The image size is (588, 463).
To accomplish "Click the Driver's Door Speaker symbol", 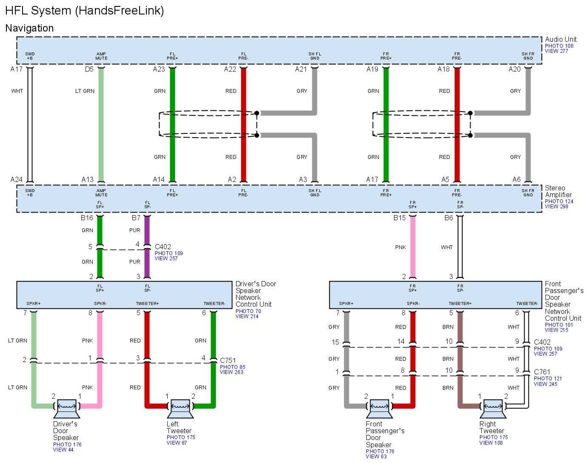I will click(66, 408).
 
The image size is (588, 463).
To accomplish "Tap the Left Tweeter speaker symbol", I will click(180, 408).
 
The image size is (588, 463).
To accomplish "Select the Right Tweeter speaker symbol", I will click(493, 408).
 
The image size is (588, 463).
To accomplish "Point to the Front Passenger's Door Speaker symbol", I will click(379, 408).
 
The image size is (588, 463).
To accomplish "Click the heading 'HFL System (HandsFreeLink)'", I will click(84, 11).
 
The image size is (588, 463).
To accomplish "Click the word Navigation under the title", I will click(29, 28).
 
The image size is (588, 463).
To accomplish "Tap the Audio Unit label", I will click(561, 39).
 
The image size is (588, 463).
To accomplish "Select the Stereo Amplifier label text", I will click(558, 191).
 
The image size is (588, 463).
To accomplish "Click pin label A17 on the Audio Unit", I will click(17, 69).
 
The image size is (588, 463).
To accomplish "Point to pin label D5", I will click(89, 69).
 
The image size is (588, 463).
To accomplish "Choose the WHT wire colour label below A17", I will click(17, 91).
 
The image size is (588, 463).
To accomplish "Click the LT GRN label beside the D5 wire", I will click(85, 91).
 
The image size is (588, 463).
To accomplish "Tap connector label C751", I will click(228, 360).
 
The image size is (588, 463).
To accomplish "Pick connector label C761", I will click(542, 372).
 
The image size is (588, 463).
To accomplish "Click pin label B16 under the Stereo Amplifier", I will click(87, 218).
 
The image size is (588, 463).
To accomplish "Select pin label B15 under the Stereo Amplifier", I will click(400, 218).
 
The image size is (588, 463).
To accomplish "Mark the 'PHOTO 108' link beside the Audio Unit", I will click(559, 46).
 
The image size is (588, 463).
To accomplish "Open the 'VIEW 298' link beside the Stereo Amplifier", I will click(557, 207).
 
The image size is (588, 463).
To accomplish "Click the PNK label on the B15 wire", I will click(400, 247).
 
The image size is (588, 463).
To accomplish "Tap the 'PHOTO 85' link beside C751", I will click(232, 367).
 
